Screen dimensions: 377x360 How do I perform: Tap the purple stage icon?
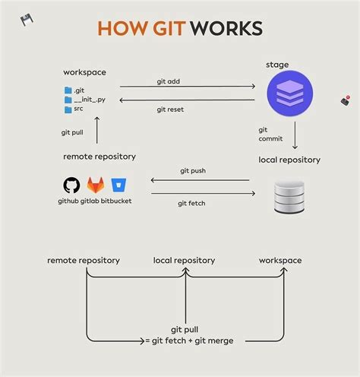click(289, 93)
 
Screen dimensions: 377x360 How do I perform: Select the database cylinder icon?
click(289, 197)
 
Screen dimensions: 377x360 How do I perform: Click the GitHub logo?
click(72, 185)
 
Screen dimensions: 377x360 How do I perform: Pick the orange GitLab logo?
click(96, 185)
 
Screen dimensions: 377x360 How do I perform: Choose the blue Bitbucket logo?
click(118, 185)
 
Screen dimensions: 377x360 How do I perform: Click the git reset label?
click(170, 109)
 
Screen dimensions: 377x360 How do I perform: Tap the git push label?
click(193, 171)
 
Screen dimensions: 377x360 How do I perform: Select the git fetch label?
click(191, 203)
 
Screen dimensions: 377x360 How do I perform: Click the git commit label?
click(271, 134)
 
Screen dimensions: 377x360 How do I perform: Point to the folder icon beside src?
click(68, 109)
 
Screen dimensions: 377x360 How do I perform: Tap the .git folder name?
click(81, 90)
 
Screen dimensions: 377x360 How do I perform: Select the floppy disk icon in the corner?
click(27, 20)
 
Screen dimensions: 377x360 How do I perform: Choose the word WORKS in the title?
click(226, 29)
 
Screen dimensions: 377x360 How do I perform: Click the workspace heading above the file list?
click(84, 72)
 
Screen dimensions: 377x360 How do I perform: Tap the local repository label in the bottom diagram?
click(184, 260)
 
